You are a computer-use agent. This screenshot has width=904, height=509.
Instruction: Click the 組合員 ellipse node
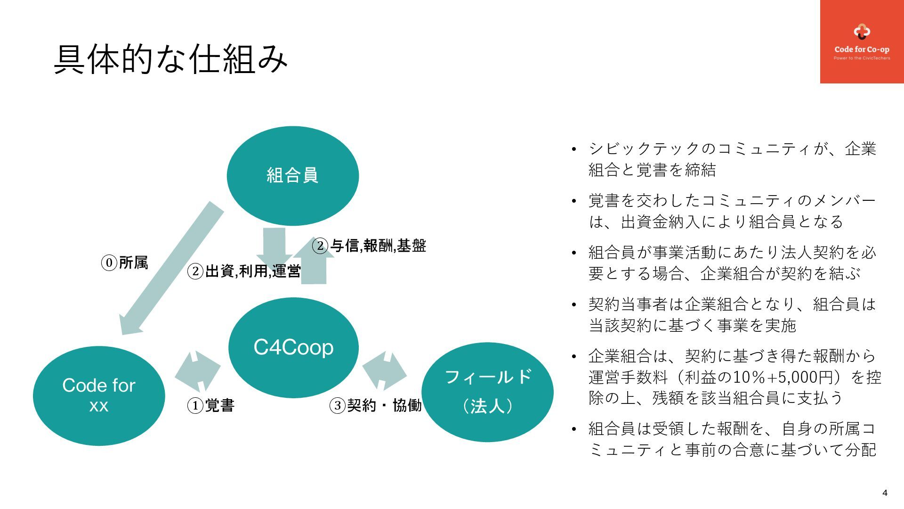pos(292,175)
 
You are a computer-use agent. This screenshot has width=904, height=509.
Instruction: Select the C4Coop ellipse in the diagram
pos(293,347)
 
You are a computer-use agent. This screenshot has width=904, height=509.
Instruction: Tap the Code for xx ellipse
pos(99,395)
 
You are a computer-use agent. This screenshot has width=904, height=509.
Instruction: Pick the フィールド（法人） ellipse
pos(487,392)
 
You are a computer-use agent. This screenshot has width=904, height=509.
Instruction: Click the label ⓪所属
pos(125,263)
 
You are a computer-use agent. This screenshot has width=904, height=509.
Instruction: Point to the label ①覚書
pos(211,405)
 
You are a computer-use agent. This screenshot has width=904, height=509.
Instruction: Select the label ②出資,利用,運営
pos(244,271)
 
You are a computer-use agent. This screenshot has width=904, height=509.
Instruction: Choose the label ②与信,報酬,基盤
pos(370,246)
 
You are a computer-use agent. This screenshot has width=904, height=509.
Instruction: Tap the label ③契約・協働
pos(375,405)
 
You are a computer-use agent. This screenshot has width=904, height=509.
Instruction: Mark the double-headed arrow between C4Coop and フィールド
pos(385,370)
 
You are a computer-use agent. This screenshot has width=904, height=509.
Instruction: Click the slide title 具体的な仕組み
pos(170,59)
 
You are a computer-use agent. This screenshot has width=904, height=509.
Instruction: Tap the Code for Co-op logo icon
pos(862,32)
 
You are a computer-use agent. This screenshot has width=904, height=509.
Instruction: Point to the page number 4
pos(885,493)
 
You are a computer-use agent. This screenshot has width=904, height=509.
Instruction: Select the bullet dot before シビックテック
pos(573,150)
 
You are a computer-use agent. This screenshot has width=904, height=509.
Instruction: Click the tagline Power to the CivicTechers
pos(862,58)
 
